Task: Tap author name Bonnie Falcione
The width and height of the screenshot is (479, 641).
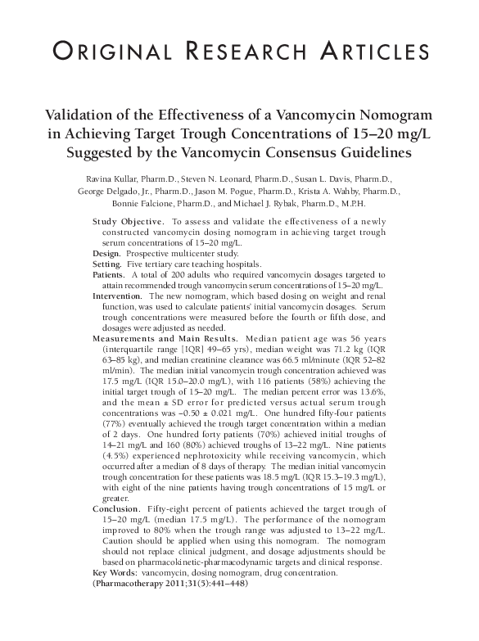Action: click(142, 203)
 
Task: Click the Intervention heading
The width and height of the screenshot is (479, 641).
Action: click(118, 296)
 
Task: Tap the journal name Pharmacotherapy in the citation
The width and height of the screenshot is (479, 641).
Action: click(125, 584)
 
